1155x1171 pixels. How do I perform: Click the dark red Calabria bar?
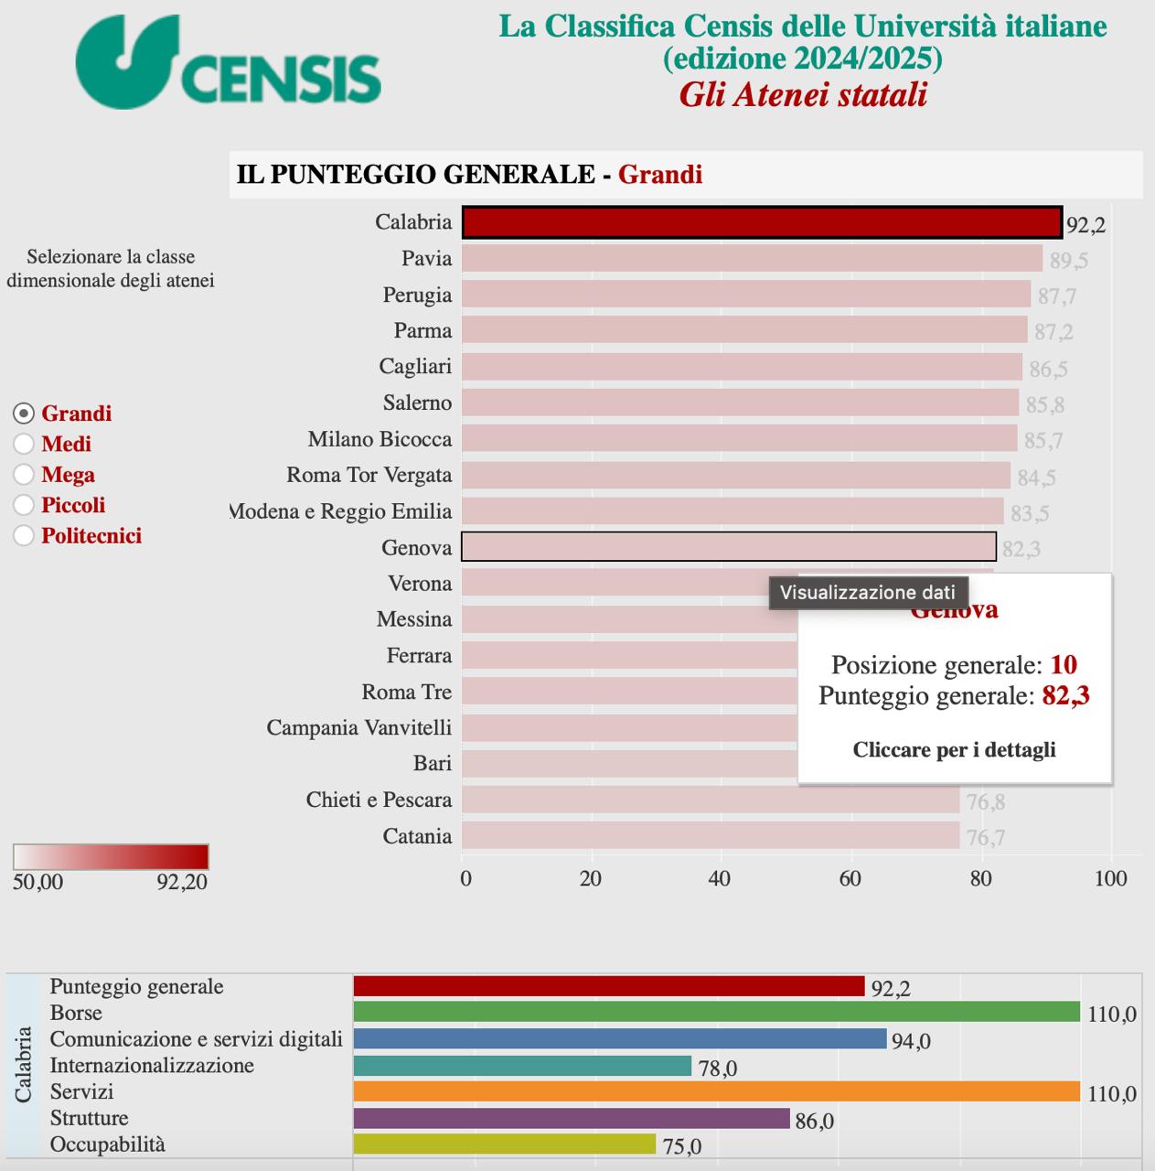point(761,222)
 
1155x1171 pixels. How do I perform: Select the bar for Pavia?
point(751,258)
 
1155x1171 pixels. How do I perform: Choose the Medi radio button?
point(24,445)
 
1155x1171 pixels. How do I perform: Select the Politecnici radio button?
point(24,536)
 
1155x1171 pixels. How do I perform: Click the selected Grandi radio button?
point(24,414)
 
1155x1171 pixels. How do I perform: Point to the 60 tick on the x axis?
point(850,879)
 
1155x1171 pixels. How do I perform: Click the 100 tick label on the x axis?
point(1110,879)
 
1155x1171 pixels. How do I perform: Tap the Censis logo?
point(228,63)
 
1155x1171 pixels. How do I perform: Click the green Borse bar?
point(716,1012)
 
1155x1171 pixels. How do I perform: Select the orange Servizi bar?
point(716,1091)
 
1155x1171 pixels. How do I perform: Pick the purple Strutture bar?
point(571,1118)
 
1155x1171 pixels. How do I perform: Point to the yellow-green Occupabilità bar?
point(504,1144)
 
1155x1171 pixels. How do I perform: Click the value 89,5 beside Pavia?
point(1068,261)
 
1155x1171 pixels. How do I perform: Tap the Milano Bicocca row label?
point(380,439)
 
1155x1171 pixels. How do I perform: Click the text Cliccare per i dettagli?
point(954,750)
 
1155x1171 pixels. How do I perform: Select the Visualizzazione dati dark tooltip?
point(867,593)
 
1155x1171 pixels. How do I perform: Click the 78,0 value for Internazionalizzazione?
point(717,1068)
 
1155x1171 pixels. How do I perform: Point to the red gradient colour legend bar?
point(111,856)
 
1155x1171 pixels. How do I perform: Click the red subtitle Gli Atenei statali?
point(802,95)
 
